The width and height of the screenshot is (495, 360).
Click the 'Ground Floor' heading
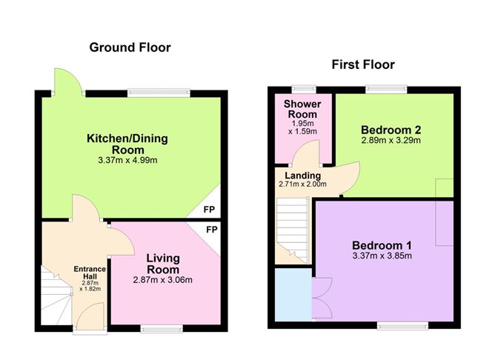[130, 47]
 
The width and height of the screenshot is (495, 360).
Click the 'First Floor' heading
[362, 65]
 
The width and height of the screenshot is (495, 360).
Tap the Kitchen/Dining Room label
[127, 144]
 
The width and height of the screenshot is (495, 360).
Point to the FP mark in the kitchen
[210, 210]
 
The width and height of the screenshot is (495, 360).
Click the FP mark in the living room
[211, 230]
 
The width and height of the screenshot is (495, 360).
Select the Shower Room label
[302, 110]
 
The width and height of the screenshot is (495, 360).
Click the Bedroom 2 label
[391, 127]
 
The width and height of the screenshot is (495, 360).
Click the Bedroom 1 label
[382, 244]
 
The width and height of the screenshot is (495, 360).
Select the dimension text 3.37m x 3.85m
[382, 256]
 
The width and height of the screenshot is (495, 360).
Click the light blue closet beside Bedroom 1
[293, 295]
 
